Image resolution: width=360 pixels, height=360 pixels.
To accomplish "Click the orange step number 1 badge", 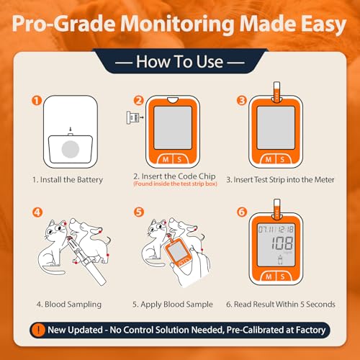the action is [37, 101].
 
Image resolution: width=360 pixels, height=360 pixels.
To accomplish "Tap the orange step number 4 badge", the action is [37, 212].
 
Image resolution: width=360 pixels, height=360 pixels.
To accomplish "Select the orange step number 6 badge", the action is [242, 212].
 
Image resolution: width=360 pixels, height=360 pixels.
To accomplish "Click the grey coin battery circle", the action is [71, 149].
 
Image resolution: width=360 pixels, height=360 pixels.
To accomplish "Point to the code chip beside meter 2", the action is [132, 117].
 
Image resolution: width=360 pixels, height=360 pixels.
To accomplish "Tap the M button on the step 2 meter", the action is [166, 159].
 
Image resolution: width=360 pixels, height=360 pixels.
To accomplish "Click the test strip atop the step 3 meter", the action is [276, 92].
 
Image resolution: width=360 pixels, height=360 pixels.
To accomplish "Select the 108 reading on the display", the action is [282, 243].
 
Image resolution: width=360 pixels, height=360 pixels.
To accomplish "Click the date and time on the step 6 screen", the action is [276, 230].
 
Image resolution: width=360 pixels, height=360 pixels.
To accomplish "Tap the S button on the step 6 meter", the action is [283, 276].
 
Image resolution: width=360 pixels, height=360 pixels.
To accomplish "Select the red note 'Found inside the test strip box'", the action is [175, 184].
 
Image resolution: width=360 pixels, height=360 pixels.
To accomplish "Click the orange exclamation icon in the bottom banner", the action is [38, 330].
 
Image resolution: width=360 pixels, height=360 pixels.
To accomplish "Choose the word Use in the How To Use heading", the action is [210, 62].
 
